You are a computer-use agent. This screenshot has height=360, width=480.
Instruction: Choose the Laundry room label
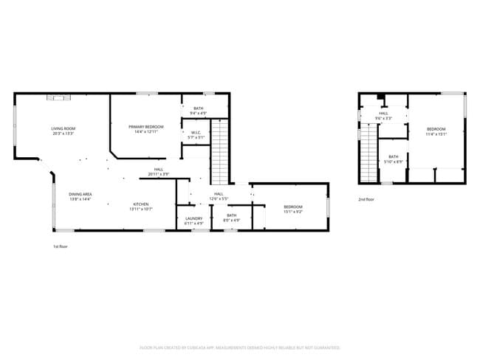[x=194, y=220]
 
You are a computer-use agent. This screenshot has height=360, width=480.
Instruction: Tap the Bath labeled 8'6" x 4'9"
[x=232, y=218]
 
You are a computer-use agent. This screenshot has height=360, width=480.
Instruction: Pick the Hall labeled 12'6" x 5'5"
[x=219, y=195]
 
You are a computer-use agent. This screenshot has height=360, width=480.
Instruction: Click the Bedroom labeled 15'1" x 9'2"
[x=293, y=209]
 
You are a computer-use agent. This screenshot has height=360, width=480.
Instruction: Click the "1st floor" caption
[x=61, y=246]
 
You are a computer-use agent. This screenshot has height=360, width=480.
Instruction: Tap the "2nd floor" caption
[x=366, y=199]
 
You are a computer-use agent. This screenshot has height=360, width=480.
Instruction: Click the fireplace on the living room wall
[x=57, y=96]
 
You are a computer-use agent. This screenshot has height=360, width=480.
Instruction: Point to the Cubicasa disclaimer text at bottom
[x=240, y=347]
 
